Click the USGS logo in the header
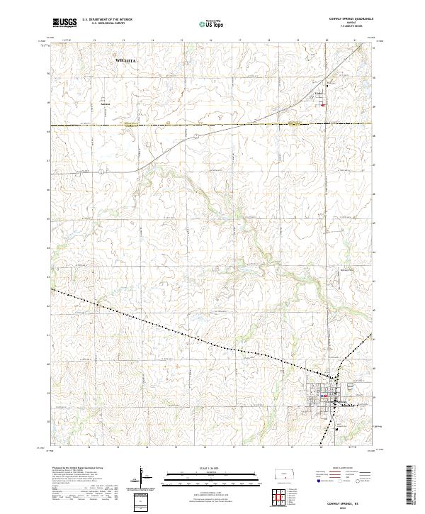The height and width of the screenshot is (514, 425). pyautogui.click(x=64, y=23)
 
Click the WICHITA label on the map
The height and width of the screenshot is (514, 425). pyautogui.click(x=124, y=62)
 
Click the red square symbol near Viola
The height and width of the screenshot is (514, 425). pyautogui.click(x=323, y=106)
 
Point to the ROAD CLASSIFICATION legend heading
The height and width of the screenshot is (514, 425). pyautogui.click(x=346, y=469)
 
